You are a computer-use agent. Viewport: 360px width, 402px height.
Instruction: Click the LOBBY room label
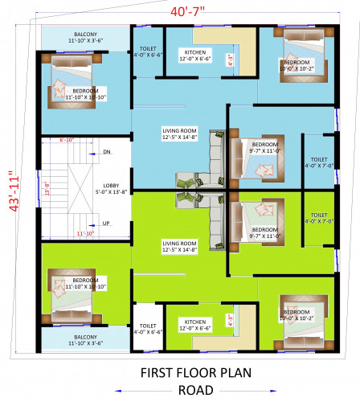(x=111, y=187)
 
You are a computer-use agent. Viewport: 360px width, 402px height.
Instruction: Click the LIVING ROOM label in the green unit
(x=178, y=246)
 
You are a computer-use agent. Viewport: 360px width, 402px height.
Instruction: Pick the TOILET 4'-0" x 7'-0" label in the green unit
(x=318, y=219)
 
